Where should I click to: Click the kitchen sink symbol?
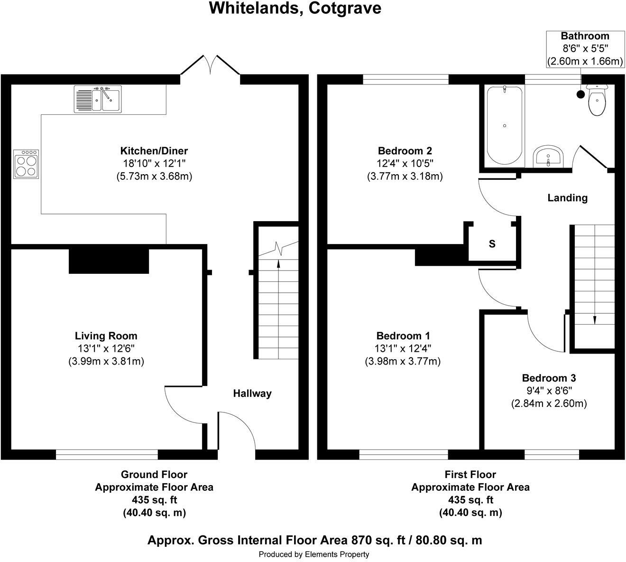pos(98,99)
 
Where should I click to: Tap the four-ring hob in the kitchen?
pos(26,164)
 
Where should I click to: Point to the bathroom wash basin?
pos(548,157)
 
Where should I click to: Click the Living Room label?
pos(106,336)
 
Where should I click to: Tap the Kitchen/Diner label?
pos(154,151)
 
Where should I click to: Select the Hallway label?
pos(252,393)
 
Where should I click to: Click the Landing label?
pos(567,197)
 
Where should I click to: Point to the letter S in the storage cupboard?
pos(492,244)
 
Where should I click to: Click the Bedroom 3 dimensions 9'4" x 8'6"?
pos(549,391)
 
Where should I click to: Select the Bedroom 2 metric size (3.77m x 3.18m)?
pos(405,177)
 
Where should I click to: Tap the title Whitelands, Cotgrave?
pos(295,8)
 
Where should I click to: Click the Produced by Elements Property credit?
pos(313,554)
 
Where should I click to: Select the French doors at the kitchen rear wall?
pos(210,66)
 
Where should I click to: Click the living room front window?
pos(107,455)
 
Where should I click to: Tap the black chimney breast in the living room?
pos(109,261)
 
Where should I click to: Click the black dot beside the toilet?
pos(580,94)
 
